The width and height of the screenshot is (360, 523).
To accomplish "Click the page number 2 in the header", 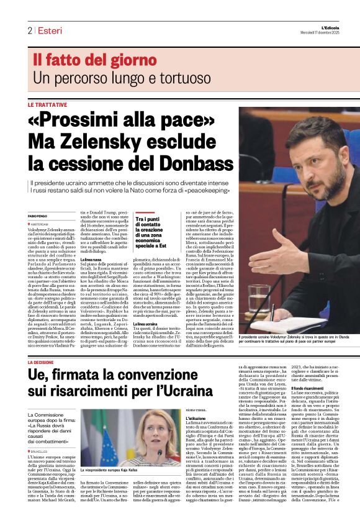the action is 29,31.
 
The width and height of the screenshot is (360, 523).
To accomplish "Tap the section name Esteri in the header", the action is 50,31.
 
